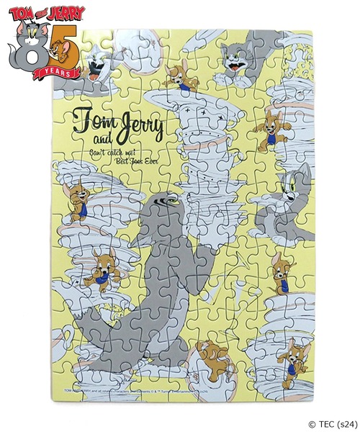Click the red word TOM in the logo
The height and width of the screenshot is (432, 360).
click(21, 12)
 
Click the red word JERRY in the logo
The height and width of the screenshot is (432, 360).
click(65, 12)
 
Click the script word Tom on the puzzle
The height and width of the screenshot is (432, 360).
click(92, 119)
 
